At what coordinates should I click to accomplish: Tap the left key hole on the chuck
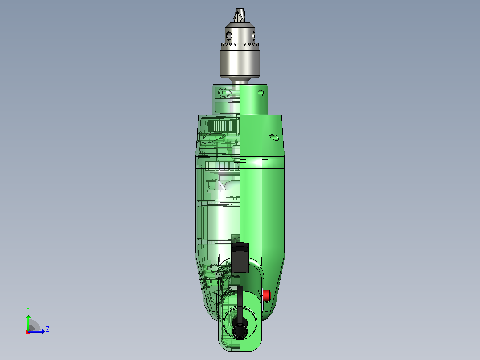[229, 36]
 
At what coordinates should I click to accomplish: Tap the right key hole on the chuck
[253, 36]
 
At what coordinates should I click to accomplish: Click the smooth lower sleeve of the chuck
[240, 63]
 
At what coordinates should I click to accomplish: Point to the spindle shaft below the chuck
[240, 82]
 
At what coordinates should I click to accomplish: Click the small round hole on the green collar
[261, 93]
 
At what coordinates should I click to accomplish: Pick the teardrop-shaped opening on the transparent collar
[225, 92]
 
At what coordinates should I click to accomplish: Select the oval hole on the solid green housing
[274, 137]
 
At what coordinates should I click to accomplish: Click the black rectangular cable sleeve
[240, 258]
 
